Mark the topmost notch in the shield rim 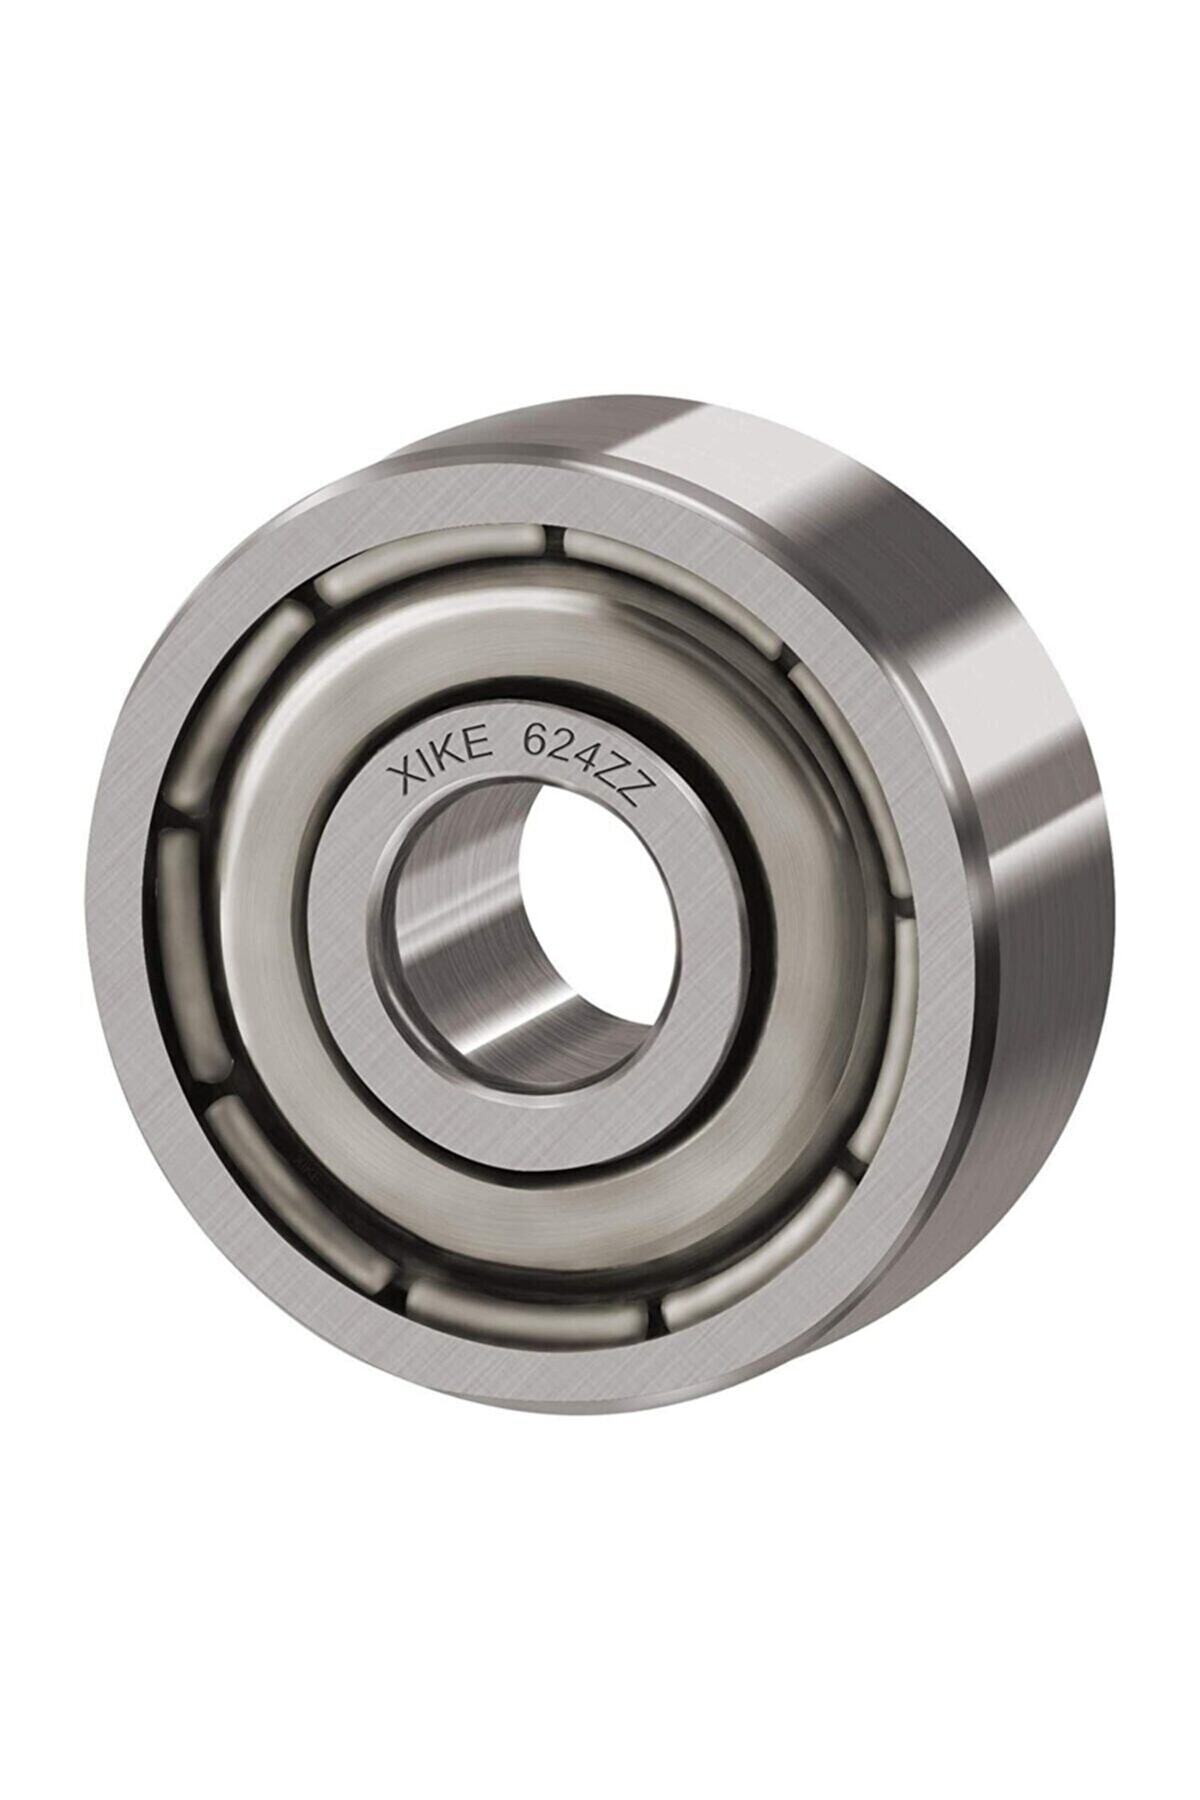click(x=552, y=541)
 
